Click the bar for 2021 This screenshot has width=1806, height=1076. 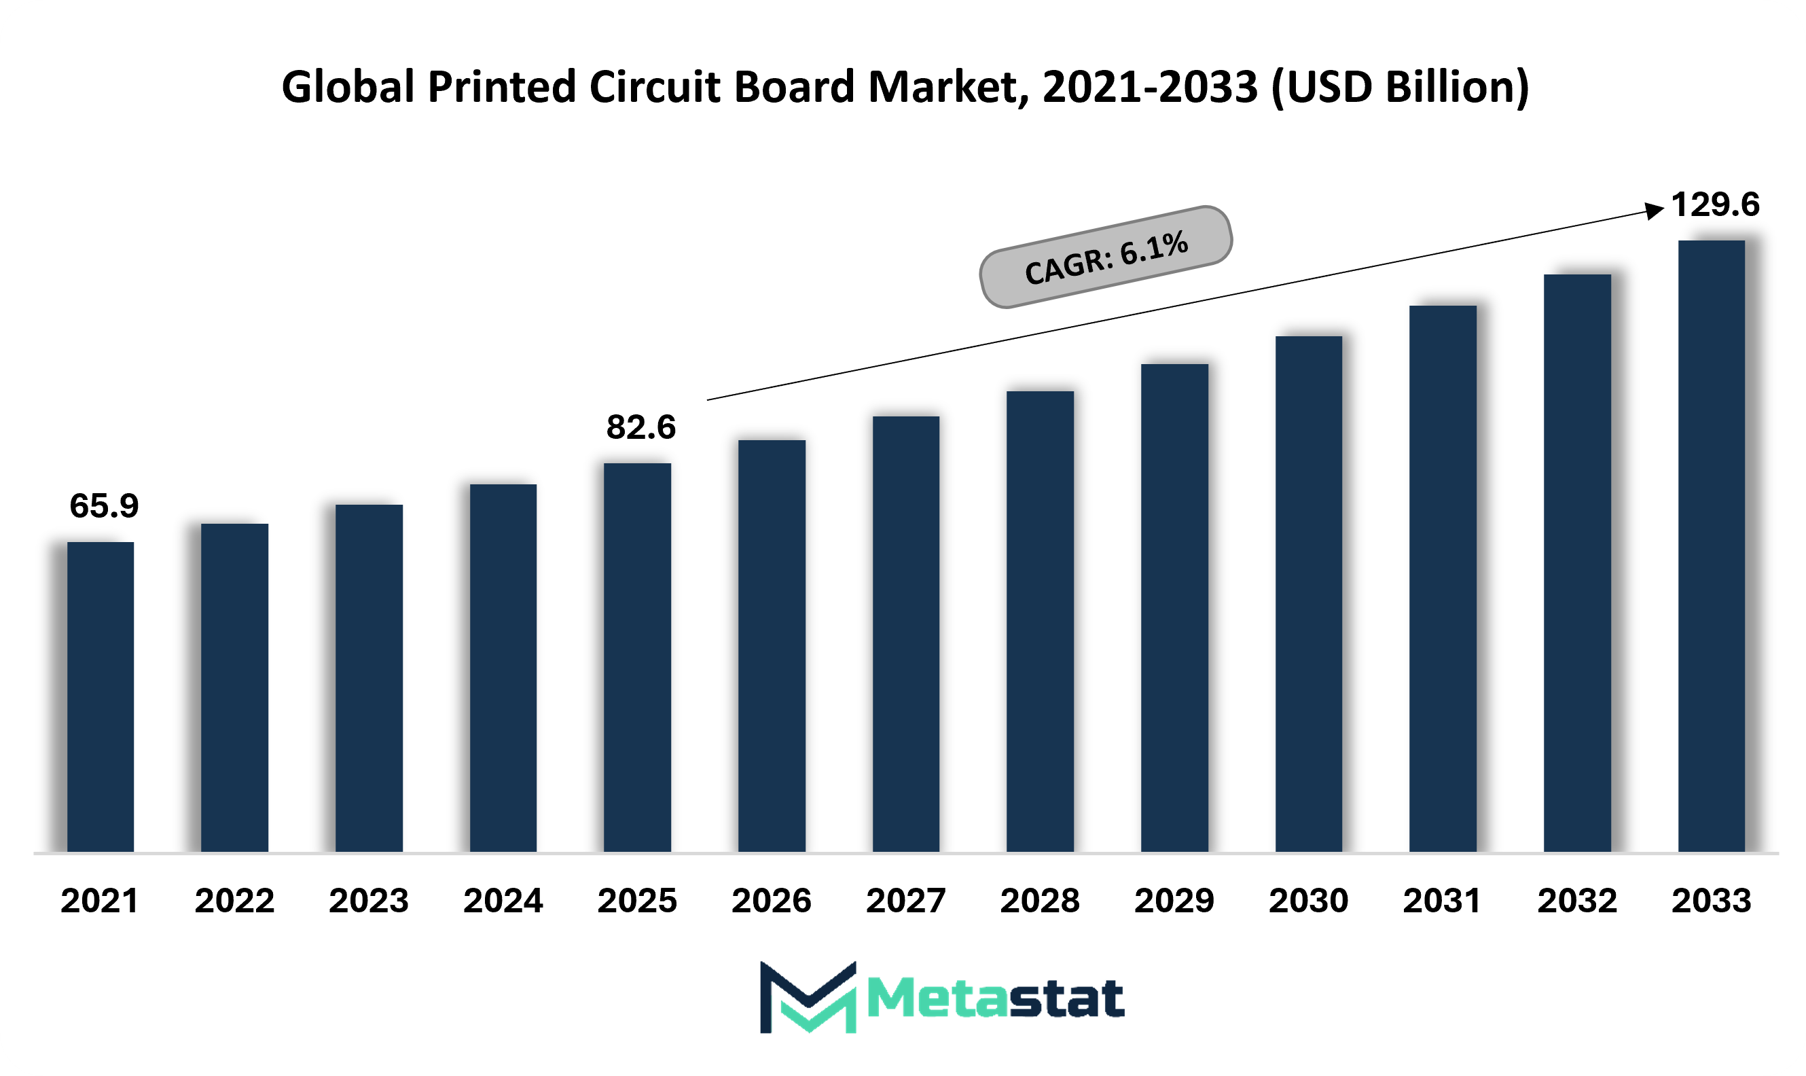pyautogui.click(x=101, y=697)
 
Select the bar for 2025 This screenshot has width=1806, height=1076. pyautogui.click(x=637, y=658)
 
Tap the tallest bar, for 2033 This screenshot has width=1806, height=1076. pyautogui.click(x=1712, y=546)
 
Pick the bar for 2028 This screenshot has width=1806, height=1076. pyautogui.click(x=1041, y=622)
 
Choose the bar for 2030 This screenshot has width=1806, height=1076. pyautogui.click(x=1309, y=594)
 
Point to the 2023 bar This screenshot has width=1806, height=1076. pyautogui.click(x=369, y=678)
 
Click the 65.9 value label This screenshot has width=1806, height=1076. pyautogui.click(x=104, y=506)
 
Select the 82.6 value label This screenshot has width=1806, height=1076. pyautogui.click(x=641, y=427)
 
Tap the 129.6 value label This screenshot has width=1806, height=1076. pyautogui.click(x=1716, y=204)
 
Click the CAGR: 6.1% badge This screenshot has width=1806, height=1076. pyautogui.click(x=1106, y=257)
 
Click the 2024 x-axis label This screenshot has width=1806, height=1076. pyautogui.click(x=503, y=901)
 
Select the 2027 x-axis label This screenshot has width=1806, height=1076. pyautogui.click(x=906, y=901)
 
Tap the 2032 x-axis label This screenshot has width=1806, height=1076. pyautogui.click(x=1578, y=901)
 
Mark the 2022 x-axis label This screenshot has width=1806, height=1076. pyautogui.click(x=235, y=901)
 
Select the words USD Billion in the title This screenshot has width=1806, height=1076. pyautogui.click(x=1401, y=87)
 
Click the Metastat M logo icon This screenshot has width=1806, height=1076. pyautogui.click(x=808, y=997)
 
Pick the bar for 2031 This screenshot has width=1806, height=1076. pyautogui.click(x=1443, y=579)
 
